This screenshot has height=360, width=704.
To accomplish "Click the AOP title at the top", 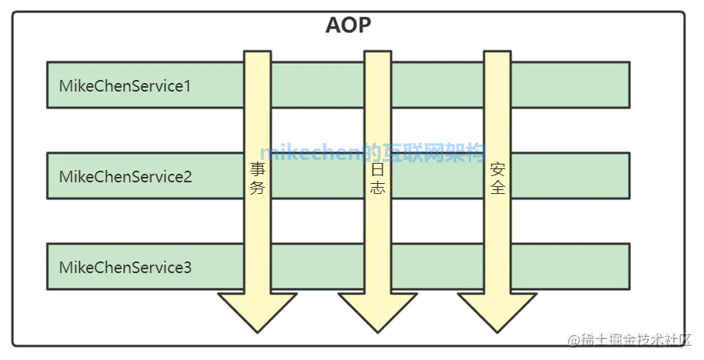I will coord(348,26).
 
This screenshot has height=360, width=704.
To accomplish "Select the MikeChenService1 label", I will coord(125,85).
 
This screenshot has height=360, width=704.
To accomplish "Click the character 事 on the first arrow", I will coord(258,168).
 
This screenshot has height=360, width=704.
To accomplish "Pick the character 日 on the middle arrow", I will coord(377,168).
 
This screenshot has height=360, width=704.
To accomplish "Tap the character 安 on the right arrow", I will coord(498,168).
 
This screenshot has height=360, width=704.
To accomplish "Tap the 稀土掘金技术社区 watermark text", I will coord(635,341).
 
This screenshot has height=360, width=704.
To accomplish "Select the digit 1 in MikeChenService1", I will coord(186,85).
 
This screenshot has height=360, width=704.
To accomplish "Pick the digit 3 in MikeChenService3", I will coord(187,268).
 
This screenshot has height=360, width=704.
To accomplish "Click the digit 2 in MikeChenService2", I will coord(187,177).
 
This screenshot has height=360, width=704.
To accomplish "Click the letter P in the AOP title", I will coord(363,26).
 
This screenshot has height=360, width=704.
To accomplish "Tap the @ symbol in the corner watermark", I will coord(573,341).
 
